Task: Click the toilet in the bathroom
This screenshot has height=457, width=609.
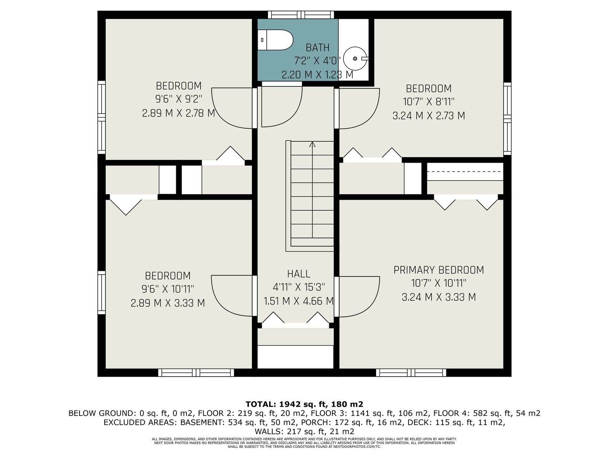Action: [275, 40]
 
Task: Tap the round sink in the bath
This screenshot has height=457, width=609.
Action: [356, 59]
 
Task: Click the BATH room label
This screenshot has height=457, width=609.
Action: [317, 48]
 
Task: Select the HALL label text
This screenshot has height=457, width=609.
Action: [298, 274]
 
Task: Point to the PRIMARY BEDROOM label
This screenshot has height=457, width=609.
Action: [438, 270]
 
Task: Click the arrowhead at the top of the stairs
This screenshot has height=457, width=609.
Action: [312, 144]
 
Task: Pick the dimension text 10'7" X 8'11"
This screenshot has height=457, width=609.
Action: [429, 102]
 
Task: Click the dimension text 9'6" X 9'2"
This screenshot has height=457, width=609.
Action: [179, 99]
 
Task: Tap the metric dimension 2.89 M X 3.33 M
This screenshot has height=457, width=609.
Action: [168, 303]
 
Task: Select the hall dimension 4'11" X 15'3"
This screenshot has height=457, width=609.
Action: [298, 287]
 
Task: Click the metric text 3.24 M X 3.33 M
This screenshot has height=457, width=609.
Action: [438, 297]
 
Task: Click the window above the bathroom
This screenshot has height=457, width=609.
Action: [301, 15]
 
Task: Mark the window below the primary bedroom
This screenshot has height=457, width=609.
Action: [411, 373]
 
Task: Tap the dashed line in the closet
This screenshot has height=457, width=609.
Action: [465, 172]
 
